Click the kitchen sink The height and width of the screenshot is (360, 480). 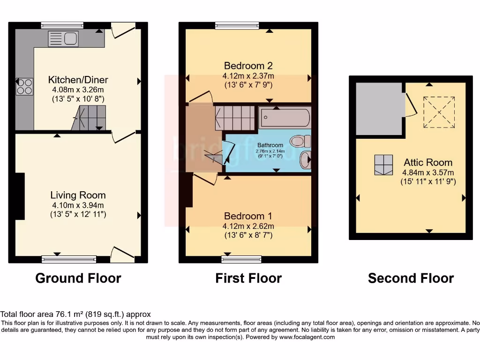(65, 38)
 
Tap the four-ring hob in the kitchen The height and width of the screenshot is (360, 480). (24, 86)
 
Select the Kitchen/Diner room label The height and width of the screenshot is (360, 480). (78, 79)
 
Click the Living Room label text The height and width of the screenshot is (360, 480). (78, 195)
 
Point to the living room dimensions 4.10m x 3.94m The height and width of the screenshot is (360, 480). (78, 205)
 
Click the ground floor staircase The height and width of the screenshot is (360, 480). (90, 117)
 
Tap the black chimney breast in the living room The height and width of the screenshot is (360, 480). (20, 196)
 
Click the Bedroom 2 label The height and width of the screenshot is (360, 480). (248, 66)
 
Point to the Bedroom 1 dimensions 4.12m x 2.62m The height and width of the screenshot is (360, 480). (248, 226)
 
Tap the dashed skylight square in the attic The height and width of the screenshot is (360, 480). (439, 112)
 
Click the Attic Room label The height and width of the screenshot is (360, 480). (428, 163)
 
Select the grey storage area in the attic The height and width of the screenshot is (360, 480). (379, 107)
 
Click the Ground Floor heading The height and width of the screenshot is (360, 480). (78, 278)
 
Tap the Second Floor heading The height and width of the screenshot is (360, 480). (411, 278)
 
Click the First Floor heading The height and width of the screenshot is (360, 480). (248, 278)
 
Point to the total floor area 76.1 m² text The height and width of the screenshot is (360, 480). (75, 315)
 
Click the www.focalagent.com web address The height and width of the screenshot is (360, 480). (307, 337)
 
